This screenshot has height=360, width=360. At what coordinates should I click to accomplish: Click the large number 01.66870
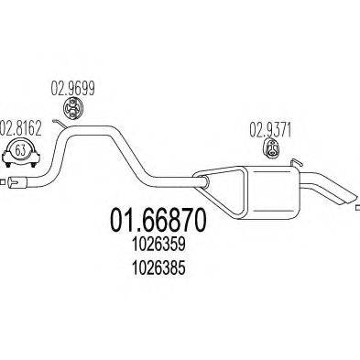tap(151, 221)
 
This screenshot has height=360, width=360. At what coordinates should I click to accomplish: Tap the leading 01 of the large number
tap(121, 221)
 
